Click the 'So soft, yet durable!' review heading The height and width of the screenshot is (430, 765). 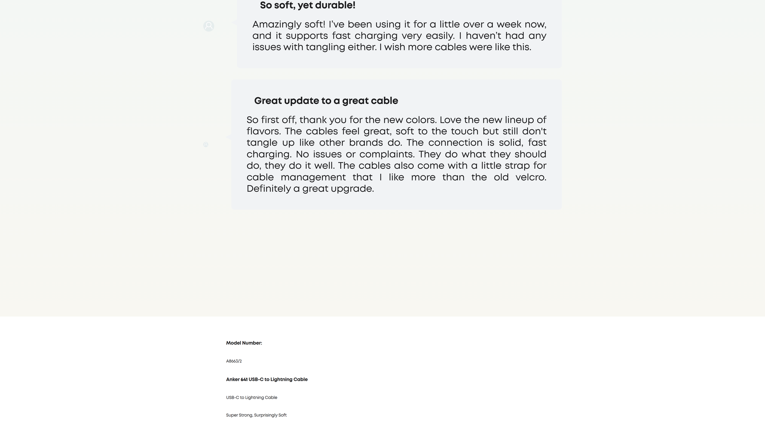point(307,5)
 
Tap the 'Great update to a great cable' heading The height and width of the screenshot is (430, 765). point(326,101)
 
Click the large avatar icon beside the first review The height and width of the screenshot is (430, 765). point(209,26)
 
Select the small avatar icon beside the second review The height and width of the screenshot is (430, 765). point(206,145)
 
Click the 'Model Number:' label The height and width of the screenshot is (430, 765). point(244,343)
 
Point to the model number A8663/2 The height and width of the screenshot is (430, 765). point(234,361)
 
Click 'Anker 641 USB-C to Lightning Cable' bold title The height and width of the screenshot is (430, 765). point(267,380)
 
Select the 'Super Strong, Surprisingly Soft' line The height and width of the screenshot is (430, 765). point(256,415)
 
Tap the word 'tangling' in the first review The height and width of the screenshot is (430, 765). point(325,47)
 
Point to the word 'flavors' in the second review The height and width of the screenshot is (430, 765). point(263,131)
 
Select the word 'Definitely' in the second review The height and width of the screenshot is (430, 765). point(268,189)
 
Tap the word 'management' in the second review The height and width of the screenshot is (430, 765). point(313,177)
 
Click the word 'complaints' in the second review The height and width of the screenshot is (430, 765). point(386,154)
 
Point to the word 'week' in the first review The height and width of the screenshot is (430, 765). point(509,24)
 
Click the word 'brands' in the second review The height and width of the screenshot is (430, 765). point(366,143)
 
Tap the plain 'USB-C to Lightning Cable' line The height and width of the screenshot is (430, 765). point(252,398)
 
